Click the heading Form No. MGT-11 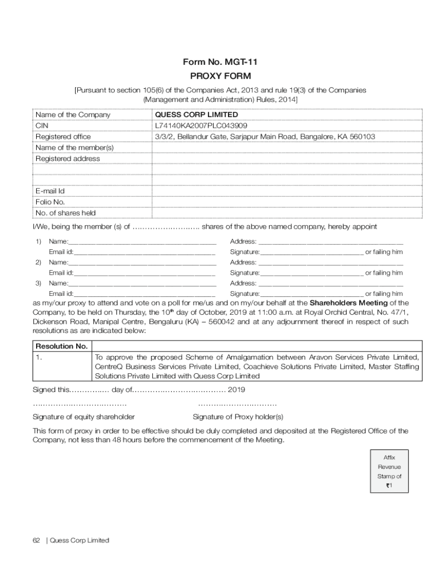tap(220, 62)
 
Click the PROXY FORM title tap(220, 76)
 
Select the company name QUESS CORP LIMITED tap(196, 115)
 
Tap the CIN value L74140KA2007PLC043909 tap(200, 126)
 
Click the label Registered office tap(63, 136)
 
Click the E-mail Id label tap(50, 191)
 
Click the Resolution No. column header tap(62, 346)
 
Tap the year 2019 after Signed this tap(237, 390)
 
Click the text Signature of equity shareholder tap(84, 417)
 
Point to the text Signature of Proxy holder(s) tap(238, 417)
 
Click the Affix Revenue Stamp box tap(389, 472)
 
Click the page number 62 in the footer tap(36, 541)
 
